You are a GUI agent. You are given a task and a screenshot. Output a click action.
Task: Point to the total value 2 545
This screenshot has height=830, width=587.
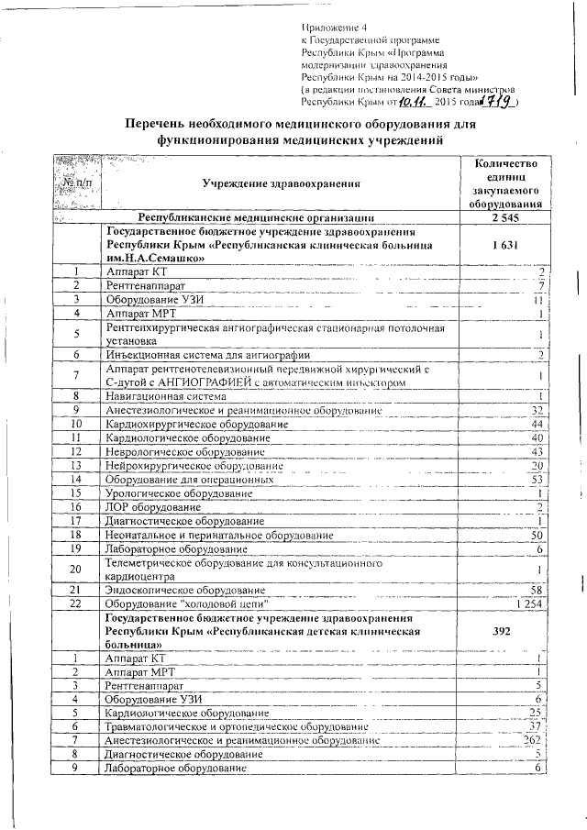(x=505, y=218)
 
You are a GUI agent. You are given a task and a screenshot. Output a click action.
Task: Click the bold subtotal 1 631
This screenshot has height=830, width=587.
(x=505, y=246)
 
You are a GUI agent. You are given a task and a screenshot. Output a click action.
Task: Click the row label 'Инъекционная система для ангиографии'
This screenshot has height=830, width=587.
(x=207, y=354)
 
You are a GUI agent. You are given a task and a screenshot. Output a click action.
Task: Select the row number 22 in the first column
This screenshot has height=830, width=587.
(x=76, y=603)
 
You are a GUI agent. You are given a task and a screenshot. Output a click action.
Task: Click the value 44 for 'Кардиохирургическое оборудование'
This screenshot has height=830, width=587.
(x=537, y=425)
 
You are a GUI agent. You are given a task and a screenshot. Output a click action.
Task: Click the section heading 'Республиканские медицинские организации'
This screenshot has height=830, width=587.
(x=255, y=218)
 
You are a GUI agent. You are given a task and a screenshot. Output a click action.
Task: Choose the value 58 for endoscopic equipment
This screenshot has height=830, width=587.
(x=537, y=590)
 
